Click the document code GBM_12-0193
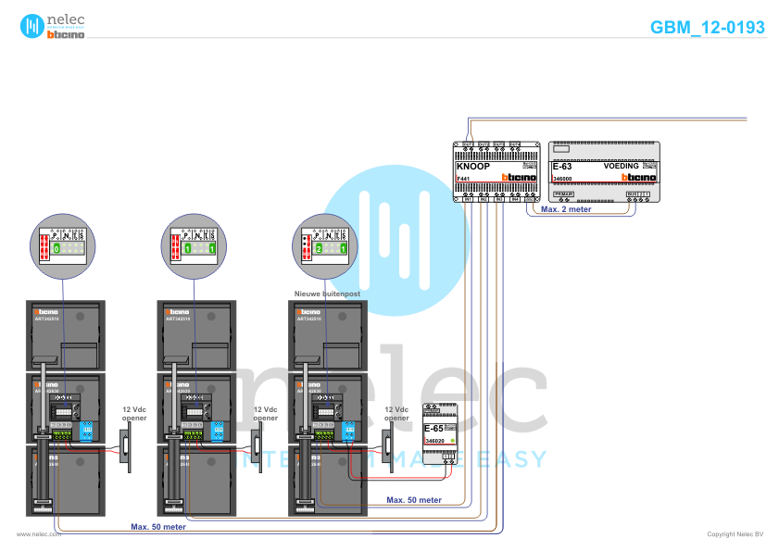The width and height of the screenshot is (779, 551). pos(708,28)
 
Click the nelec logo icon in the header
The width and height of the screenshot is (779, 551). pos(32,26)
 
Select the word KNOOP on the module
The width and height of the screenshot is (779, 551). pos(474,166)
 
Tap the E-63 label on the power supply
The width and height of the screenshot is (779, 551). pos(562,166)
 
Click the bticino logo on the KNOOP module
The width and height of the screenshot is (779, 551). pos(519,177)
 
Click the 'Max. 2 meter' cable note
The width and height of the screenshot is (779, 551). pos(565,209)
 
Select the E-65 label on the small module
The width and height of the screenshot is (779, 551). pos(433,429)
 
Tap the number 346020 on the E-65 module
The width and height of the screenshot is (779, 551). pos(434,442)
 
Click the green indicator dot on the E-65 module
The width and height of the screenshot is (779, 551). pos(451,442)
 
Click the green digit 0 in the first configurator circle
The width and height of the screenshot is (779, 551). pos(56,249)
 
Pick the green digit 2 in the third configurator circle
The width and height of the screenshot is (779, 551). pos(319,249)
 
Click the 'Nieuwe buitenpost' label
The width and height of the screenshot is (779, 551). pos(327,293)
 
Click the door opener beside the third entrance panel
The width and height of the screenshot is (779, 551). pos(386,450)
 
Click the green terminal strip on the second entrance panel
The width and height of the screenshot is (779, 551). pos(195,432)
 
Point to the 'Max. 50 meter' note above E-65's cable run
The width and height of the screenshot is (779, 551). pos(414,499)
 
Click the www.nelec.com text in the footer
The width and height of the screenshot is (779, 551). pos(39,534)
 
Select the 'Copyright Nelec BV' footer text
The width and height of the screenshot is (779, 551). pos(735,534)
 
